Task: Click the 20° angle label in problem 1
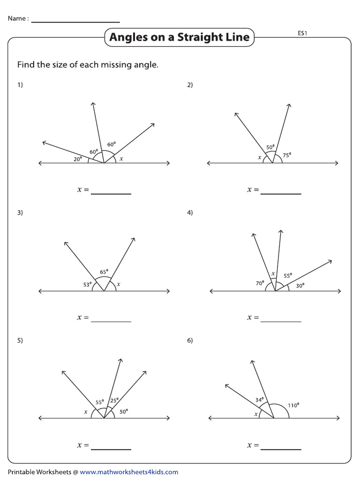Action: coord(77,158)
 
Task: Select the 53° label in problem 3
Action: coord(87,284)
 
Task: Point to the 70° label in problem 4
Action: coord(260,283)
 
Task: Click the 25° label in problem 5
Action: coord(114,400)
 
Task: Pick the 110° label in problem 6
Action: coord(293,405)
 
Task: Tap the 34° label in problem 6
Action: coord(259,400)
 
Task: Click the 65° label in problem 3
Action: coord(104,271)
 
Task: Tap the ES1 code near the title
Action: coord(302,33)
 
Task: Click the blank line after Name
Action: coord(75,22)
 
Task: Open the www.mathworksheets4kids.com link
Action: coord(129,472)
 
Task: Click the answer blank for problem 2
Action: coord(281,193)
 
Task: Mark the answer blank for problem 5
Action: coord(111,449)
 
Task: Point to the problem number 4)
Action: coord(190,212)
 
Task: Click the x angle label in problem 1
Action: coord(121,159)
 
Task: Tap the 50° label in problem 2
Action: coord(270,147)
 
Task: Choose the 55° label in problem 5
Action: coord(99,402)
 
